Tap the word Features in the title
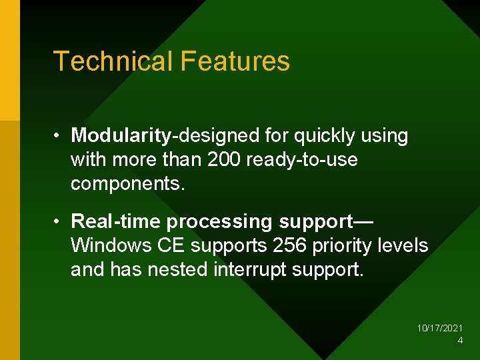(x=235, y=61)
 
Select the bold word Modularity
(x=121, y=136)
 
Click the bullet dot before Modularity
(x=59, y=136)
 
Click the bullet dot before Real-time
(x=59, y=221)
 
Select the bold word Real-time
(x=116, y=221)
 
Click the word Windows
(x=111, y=245)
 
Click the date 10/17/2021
(x=440, y=329)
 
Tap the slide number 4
(x=460, y=341)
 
